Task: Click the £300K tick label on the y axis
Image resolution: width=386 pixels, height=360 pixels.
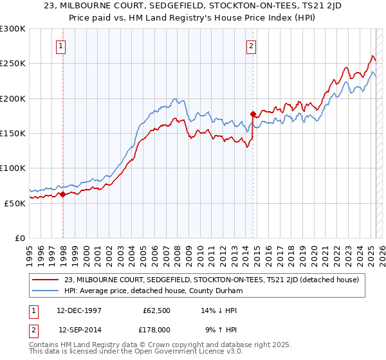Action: (13, 29)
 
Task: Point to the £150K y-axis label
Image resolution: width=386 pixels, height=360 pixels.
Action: (13, 133)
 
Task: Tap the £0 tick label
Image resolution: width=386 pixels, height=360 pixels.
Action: (19, 238)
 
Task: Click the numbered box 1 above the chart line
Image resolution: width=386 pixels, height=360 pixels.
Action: (60, 46)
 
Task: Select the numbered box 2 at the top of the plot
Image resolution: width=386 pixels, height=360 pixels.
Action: (250, 46)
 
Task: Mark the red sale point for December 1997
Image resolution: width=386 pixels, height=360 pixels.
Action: (63, 194)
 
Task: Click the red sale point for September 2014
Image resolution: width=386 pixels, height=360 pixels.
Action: (253, 114)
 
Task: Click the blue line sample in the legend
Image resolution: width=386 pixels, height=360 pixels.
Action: (46, 291)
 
